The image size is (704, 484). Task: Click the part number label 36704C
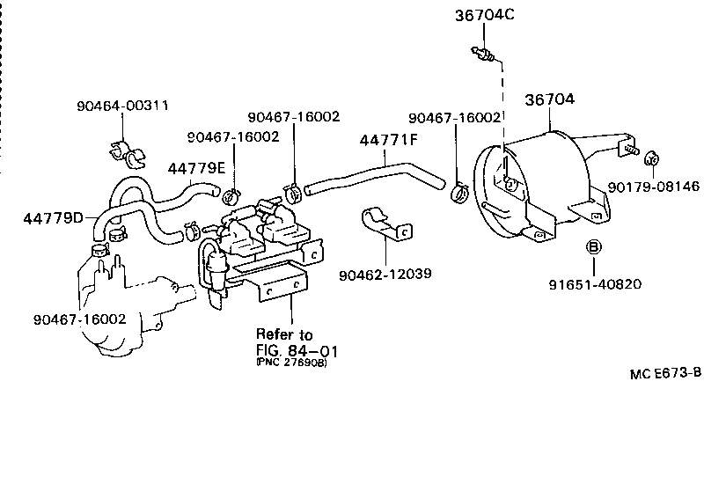(x=483, y=15)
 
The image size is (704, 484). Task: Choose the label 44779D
(x=53, y=217)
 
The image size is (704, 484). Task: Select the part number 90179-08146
(x=654, y=187)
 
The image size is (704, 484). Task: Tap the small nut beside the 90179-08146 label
(x=652, y=159)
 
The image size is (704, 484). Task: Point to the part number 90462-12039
(x=385, y=274)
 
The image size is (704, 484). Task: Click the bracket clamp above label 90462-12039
(x=387, y=225)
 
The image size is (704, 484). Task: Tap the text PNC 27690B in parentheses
(x=290, y=363)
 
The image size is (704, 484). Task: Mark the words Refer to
(x=283, y=334)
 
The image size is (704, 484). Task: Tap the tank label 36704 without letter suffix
(x=550, y=99)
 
